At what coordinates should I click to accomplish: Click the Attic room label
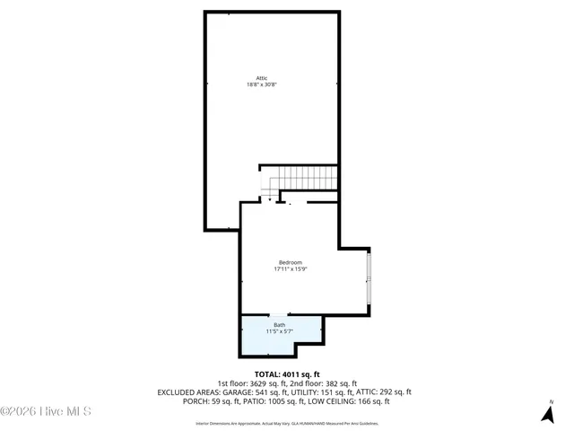pyautogui.click(x=262, y=78)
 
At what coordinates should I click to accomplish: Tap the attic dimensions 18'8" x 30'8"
pyautogui.click(x=262, y=85)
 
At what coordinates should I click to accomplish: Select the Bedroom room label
pyautogui.click(x=291, y=262)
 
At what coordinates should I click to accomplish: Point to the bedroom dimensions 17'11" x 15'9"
pyautogui.click(x=291, y=269)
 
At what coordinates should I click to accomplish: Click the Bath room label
pyautogui.click(x=280, y=325)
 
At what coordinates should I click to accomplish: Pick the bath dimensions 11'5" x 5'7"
pyautogui.click(x=280, y=332)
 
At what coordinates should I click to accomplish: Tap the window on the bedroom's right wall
pyautogui.click(x=369, y=278)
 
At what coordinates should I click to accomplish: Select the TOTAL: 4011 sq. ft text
pyautogui.click(x=287, y=374)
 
